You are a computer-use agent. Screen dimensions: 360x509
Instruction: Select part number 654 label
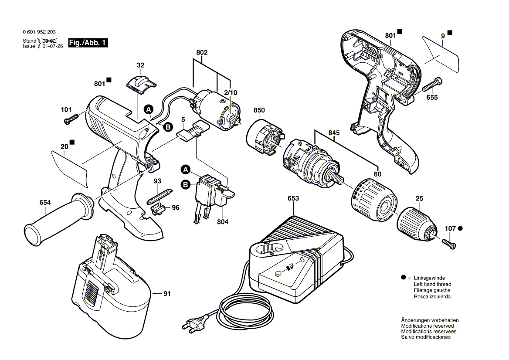(x=45, y=203)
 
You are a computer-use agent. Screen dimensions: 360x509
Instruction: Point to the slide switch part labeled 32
(x=140, y=83)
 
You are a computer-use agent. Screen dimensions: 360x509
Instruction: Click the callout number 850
(x=259, y=111)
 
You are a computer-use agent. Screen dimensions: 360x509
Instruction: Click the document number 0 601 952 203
(x=38, y=32)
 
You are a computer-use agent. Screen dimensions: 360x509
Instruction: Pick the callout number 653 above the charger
(x=293, y=198)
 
